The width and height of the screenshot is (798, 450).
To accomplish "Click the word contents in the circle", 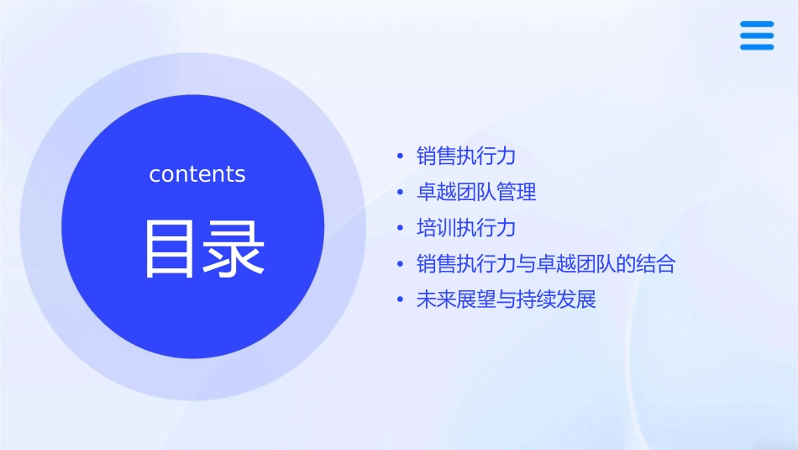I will click(197, 174).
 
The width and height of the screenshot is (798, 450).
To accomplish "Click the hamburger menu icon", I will click(756, 35).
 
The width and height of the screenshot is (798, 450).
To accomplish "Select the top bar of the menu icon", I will click(756, 24).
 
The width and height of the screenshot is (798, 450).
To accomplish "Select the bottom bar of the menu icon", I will click(756, 47).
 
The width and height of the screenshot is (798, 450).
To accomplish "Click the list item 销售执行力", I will click(465, 156).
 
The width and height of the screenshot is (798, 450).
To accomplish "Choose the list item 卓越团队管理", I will click(476, 193).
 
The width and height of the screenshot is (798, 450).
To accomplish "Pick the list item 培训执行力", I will click(465, 228).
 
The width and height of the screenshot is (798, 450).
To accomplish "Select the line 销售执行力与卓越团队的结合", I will click(546, 264).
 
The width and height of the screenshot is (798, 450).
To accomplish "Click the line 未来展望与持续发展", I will click(506, 300).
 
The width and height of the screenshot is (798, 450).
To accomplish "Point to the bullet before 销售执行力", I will click(400, 156).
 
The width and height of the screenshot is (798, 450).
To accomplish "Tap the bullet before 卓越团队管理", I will click(400, 193).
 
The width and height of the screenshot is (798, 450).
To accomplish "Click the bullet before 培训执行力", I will click(400, 229).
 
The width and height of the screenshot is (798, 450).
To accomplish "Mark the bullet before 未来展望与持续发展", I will click(400, 300).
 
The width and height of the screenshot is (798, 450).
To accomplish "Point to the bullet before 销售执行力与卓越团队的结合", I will click(400, 264).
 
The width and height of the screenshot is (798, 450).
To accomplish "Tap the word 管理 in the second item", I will click(517, 193).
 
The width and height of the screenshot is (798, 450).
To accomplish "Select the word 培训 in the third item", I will click(436, 228).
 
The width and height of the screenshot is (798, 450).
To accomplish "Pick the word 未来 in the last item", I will click(436, 300).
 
